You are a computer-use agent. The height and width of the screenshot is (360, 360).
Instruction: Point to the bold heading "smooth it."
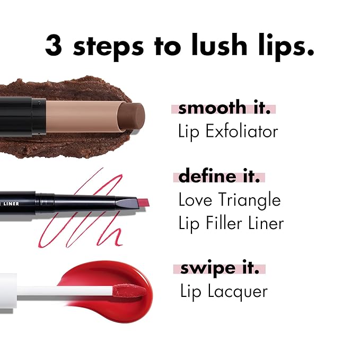click(x=224, y=108)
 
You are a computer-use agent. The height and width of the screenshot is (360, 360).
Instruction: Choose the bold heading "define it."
click(x=219, y=176)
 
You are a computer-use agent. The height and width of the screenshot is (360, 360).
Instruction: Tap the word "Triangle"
click(x=248, y=200)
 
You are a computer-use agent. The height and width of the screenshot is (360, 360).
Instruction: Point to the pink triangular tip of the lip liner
click(x=143, y=201)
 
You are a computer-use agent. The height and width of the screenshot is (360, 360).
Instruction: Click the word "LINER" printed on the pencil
click(x=12, y=201)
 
